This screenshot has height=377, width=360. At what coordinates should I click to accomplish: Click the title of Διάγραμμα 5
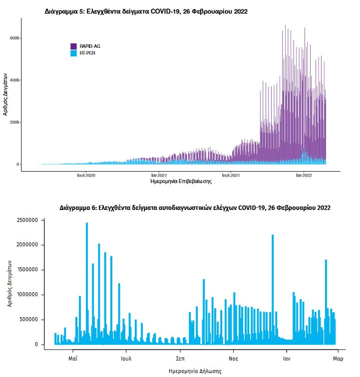[x=146, y=10]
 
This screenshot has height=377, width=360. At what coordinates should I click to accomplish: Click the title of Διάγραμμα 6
[x=194, y=207]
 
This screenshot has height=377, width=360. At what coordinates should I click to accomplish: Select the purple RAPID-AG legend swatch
[x=73, y=46]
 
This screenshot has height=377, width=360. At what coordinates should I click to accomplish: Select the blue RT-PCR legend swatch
[x=73, y=52]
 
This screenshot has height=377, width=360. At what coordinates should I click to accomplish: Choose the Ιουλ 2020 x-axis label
[x=86, y=176]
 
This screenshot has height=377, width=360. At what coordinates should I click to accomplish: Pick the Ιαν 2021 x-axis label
[x=159, y=176]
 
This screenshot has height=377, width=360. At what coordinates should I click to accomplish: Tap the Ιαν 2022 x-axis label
[x=304, y=176]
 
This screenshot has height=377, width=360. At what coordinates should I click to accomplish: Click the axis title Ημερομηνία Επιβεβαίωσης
[x=181, y=182]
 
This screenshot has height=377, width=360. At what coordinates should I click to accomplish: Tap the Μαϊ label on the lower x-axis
[x=73, y=358]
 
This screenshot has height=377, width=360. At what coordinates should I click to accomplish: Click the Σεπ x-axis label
[x=180, y=358]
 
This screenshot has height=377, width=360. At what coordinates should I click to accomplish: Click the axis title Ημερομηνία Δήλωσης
[x=195, y=371]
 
